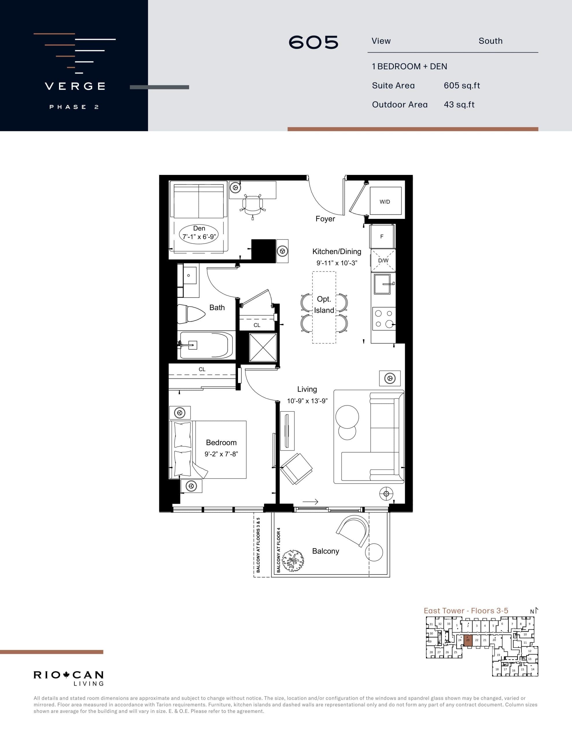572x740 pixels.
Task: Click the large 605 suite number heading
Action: click(x=313, y=43)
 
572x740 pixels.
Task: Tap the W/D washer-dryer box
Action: click(x=385, y=201)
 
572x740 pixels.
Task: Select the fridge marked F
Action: click(x=382, y=236)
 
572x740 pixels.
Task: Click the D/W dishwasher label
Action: click(x=383, y=260)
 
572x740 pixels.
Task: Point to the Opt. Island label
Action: click(x=324, y=305)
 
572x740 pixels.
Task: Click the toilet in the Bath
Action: click(x=191, y=314)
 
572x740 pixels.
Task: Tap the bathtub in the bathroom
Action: click(x=206, y=345)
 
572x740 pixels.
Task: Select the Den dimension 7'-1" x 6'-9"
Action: click(x=199, y=236)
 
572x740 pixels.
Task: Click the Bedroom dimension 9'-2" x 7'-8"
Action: click(x=221, y=454)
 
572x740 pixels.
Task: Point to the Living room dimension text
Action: click(x=307, y=401)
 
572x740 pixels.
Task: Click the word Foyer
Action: click(x=325, y=219)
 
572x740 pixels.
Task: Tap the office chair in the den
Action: click(x=253, y=205)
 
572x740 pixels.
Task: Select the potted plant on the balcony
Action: click(x=292, y=561)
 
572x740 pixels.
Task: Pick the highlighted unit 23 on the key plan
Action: click(x=468, y=640)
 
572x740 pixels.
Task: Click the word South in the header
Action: click(x=490, y=41)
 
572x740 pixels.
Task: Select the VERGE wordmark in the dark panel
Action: click(x=75, y=86)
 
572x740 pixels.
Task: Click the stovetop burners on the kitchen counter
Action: click(x=383, y=319)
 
